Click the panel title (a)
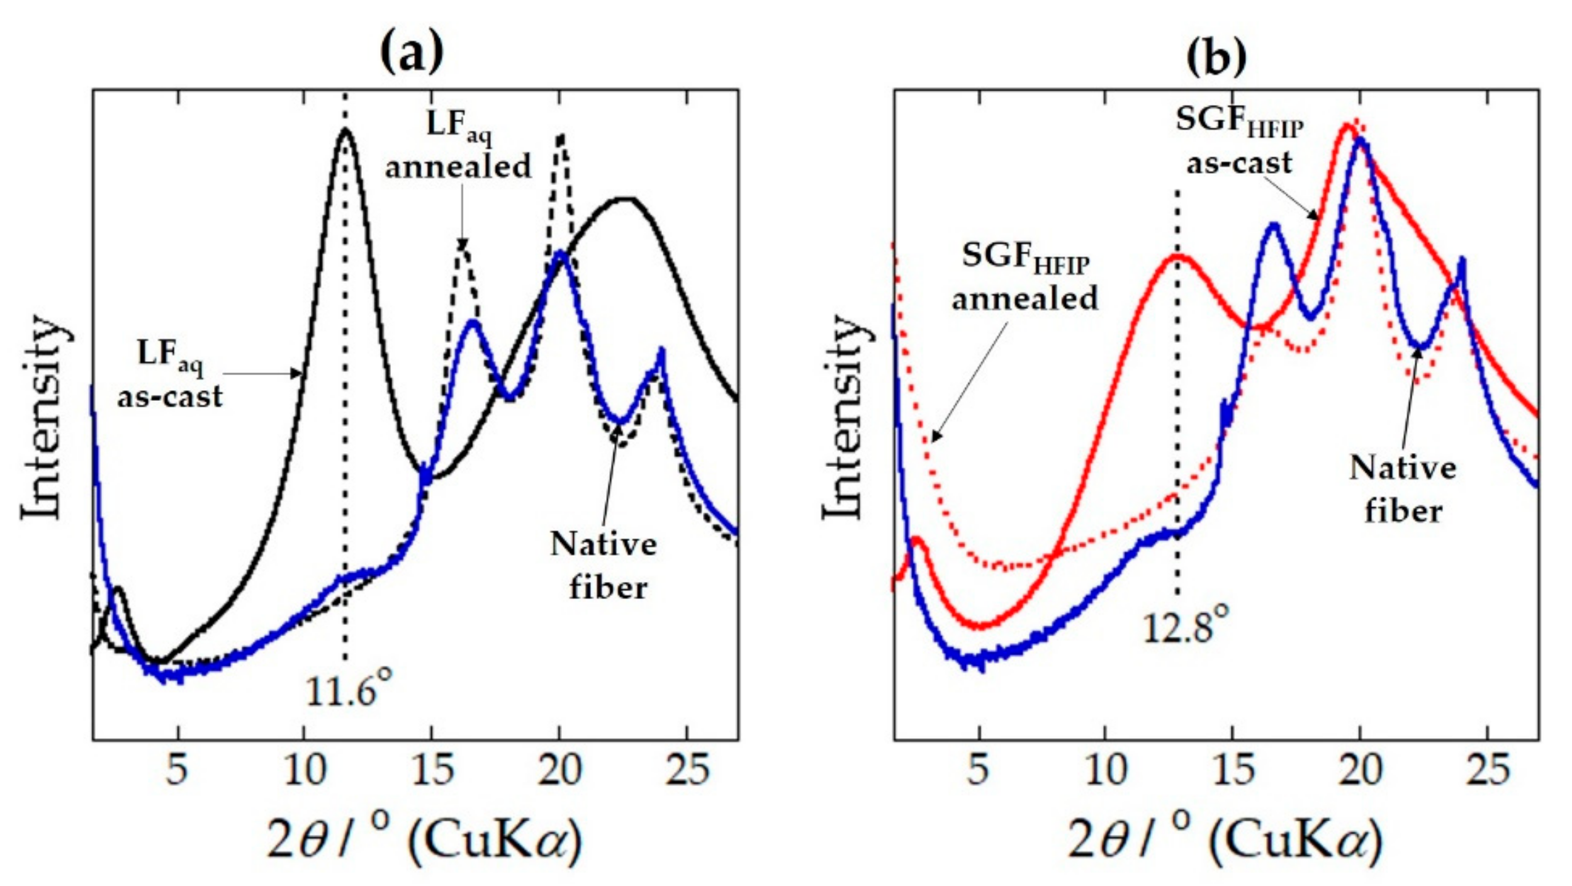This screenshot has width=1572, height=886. coord(412,53)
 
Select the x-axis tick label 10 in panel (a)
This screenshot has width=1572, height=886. coord(305,770)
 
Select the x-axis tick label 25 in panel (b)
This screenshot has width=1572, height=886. coord(1488,770)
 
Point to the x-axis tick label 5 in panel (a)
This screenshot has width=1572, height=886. coord(177,770)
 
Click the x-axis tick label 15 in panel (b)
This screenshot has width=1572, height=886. coord(1233,770)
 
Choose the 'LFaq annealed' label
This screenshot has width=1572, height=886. coord(459,146)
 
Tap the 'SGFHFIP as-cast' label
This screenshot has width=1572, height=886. coord(1239,142)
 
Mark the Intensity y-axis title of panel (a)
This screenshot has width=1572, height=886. coord(44,418)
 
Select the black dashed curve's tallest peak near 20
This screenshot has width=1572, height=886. coord(561,135)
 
